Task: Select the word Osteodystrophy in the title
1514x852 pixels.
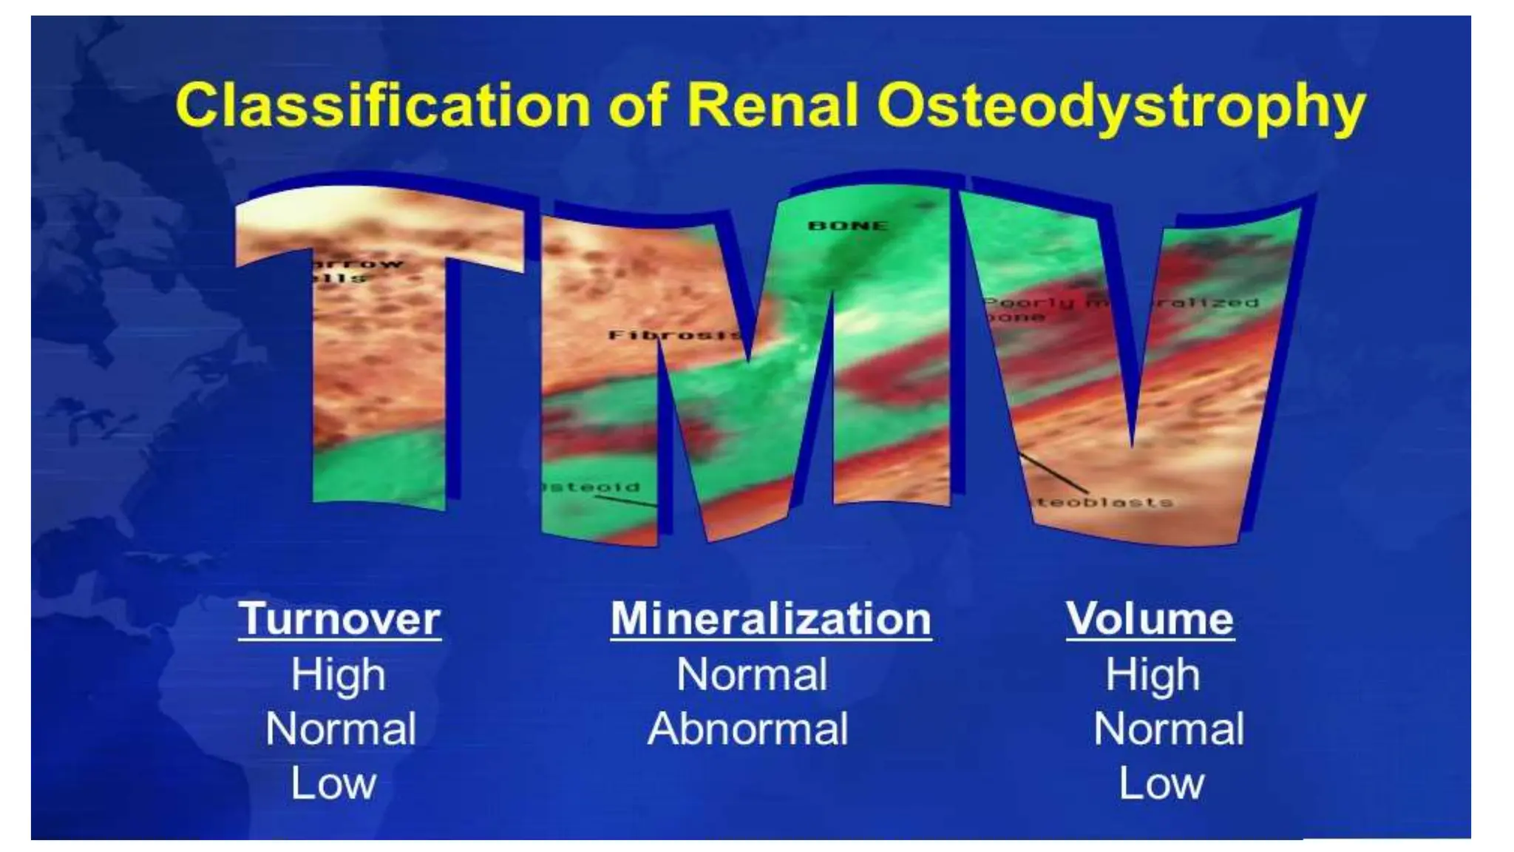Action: [1121, 109]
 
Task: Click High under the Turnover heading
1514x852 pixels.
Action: [338, 675]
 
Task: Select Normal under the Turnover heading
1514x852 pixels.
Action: [341, 729]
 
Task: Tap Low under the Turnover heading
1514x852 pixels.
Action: [333, 783]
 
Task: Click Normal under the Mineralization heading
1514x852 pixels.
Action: [752, 675]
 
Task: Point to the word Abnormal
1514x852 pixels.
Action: [747, 729]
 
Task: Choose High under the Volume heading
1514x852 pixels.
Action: [1152, 675]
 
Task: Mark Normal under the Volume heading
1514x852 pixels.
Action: [1168, 729]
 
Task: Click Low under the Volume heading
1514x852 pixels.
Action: [1161, 783]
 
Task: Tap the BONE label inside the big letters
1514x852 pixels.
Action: [847, 226]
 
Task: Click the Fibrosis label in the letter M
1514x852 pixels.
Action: [673, 335]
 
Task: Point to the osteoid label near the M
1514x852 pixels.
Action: [591, 487]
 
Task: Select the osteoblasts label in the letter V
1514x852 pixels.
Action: [1101, 502]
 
